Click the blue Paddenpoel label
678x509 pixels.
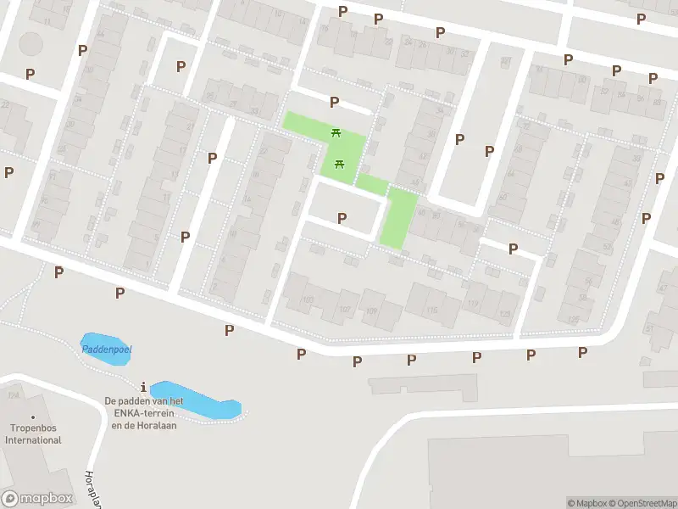(x=107, y=350)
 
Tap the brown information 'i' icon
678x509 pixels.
(x=144, y=387)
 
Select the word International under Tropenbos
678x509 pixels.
(x=33, y=440)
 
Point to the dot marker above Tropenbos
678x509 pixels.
(x=33, y=417)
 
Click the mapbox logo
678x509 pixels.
(x=36, y=499)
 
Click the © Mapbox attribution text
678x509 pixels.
(x=588, y=503)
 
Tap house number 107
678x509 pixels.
(x=346, y=309)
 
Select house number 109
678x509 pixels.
(x=371, y=310)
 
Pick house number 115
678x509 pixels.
(x=432, y=311)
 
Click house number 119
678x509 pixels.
(x=473, y=304)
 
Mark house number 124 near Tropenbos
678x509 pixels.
(x=13, y=395)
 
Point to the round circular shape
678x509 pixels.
(x=31, y=42)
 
